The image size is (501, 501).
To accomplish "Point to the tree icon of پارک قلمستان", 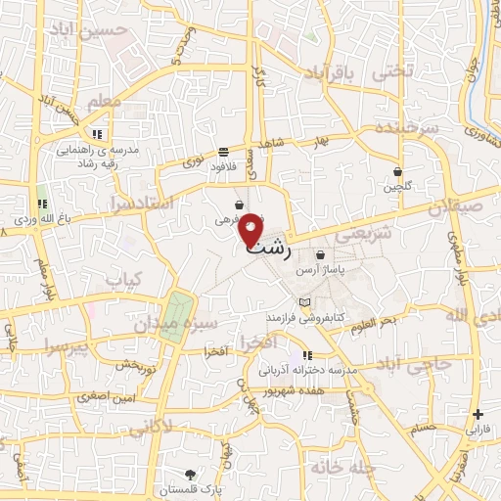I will (189, 474).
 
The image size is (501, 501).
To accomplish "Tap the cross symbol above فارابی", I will (478, 414).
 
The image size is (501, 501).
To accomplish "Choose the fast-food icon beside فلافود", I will (224, 152).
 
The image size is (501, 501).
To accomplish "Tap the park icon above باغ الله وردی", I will (42, 192).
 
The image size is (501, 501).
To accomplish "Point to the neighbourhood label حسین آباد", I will (123, 30).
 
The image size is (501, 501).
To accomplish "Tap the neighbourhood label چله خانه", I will (342, 468).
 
